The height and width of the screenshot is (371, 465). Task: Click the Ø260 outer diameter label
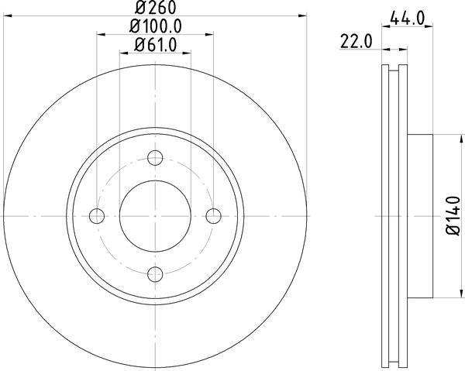(156, 9)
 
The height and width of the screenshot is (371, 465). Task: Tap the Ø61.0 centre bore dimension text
(156, 46)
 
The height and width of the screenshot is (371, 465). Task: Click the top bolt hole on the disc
(155, 158)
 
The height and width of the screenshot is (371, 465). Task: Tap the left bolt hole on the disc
(98, 215)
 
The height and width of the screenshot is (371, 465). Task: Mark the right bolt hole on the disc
(212, 215)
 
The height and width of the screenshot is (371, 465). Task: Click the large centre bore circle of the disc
(155, 215)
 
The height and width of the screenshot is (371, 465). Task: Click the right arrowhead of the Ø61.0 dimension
(187, 53)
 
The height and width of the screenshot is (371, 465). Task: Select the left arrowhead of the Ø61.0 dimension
(124, 53)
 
